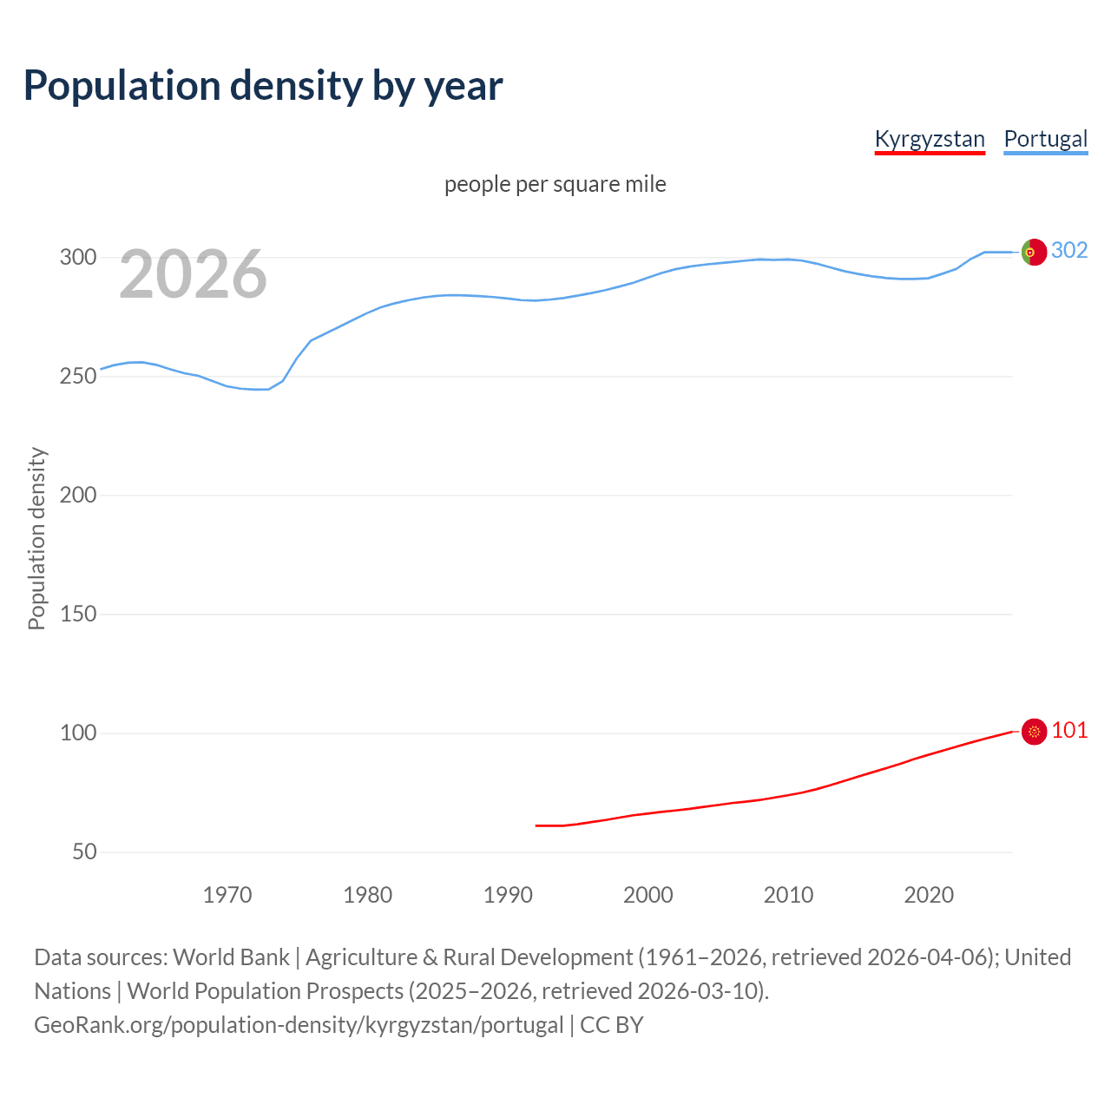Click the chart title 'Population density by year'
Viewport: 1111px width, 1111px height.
click(x=263, y=86)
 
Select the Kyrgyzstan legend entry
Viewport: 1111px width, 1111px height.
click(x=930, y=139)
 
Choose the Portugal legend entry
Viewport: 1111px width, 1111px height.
click(x=1045, y=139)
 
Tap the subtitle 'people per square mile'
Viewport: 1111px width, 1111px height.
click(x=555, y=184)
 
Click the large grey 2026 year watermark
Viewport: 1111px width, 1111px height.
click(x=193, y=274)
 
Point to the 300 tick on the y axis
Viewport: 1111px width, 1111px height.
click(x=77, y=257)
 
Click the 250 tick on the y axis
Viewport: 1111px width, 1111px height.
click(x=77, y=376)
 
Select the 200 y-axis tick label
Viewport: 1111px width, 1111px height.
click(x=77, y=495)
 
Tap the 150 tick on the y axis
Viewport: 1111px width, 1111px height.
click(x=77, y=614)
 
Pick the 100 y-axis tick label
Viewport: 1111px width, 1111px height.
click(x=77, y=733)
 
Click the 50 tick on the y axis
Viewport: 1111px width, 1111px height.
click(x=84, y=851)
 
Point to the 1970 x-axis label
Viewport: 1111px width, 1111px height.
click(x=227, y=894)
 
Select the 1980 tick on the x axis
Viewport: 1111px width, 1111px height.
click(x=368, y=894)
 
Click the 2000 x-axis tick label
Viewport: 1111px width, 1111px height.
click(x=648, y=894)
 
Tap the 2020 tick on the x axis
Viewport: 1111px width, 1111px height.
click(x=929, y=894)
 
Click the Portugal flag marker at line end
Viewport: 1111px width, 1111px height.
click(x=1034, y=252)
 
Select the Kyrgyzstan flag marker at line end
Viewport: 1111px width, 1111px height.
click(x=1034, y=732)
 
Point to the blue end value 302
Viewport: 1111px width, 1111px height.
click(x=1069, y=250)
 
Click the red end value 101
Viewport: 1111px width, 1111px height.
click(x=1069, y=730)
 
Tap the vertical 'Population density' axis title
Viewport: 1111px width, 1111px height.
click(x=36, y=538)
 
